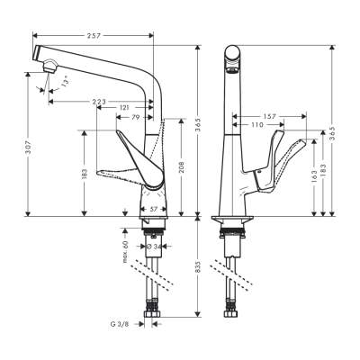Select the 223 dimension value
coord(100,101)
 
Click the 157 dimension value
coord(269,116)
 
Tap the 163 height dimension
coord(312,177)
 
